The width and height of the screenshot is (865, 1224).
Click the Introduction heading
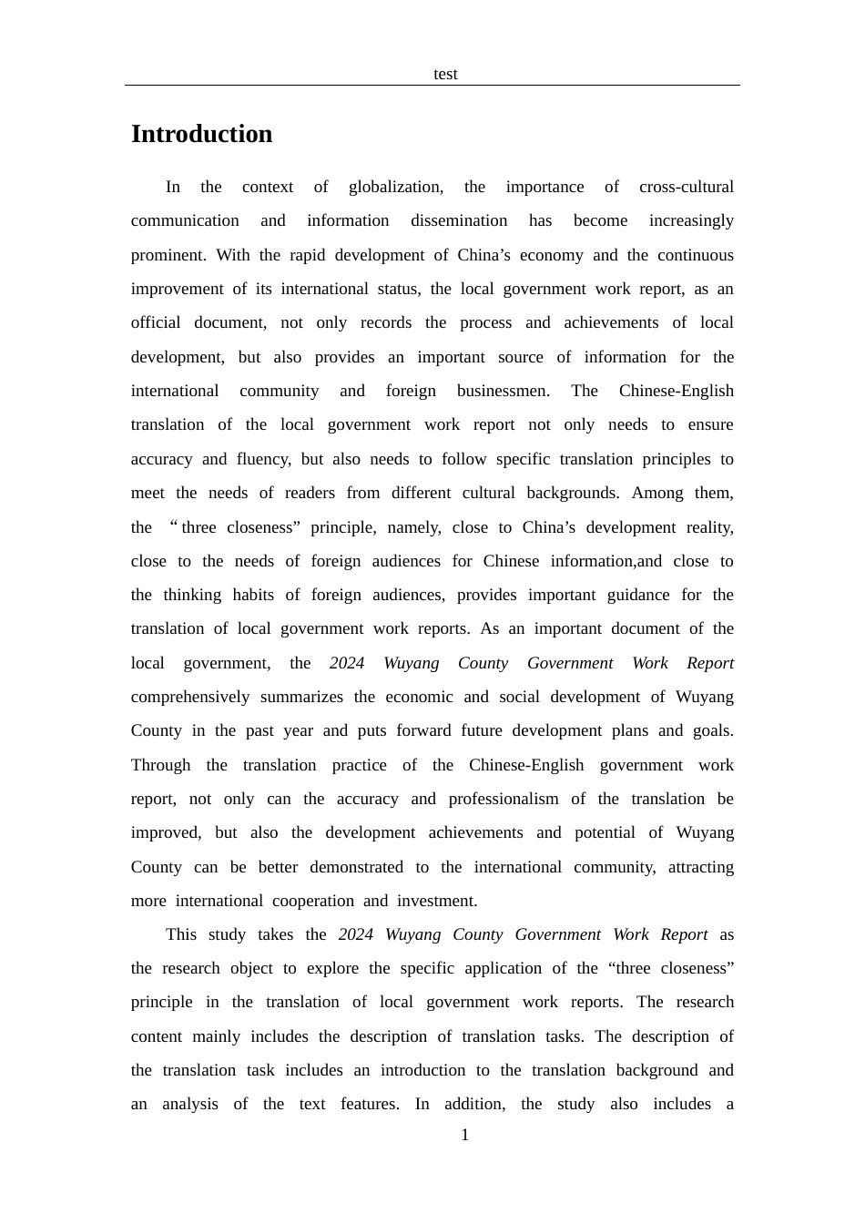click(x=201, y=134)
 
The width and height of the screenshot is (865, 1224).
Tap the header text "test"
click(x=445, y=74)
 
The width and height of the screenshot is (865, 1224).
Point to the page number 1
click(x=465, y=1135)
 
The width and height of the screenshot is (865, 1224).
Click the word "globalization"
click(x=395, y=187)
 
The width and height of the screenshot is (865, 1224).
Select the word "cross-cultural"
click(x=686, y=187)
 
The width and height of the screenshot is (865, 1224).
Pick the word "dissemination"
click(x=459, y=220)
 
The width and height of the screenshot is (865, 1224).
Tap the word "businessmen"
click(x=503, y=391)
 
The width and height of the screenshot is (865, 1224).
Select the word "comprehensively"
click(x=190, y=697)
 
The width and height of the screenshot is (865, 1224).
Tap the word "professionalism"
click(x=504, y=799)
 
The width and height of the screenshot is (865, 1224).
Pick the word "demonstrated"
click(x=356, y=867)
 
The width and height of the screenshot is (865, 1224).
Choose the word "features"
click(x=369, y=1104)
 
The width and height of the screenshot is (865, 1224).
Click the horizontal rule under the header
click(x=432, y=86)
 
